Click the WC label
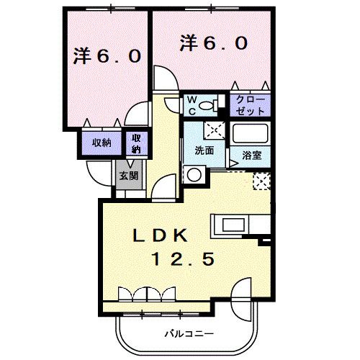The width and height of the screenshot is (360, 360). [194, 106]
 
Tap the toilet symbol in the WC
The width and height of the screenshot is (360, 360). [210, 107]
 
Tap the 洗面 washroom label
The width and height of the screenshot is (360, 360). [203, 152]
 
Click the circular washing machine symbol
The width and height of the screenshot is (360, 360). [193, 174]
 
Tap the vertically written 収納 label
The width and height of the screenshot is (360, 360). [136, 143]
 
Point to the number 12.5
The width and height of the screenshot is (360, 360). [181, 258]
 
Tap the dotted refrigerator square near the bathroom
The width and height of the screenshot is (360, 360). [260, 181]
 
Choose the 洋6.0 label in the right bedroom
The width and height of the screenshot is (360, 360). [214, 42]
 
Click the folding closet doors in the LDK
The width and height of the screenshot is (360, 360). [148, 293]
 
